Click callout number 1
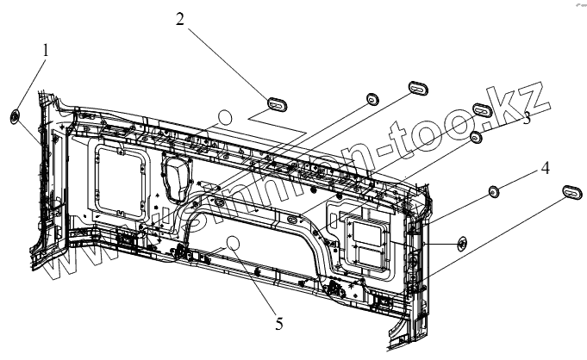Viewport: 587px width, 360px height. [45, 51]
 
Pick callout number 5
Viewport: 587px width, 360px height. [278, 324]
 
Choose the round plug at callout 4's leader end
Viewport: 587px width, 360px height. [496, 191]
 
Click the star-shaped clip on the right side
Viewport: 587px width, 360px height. [461, 244]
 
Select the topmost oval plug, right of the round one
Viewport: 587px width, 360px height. [418, 84]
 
